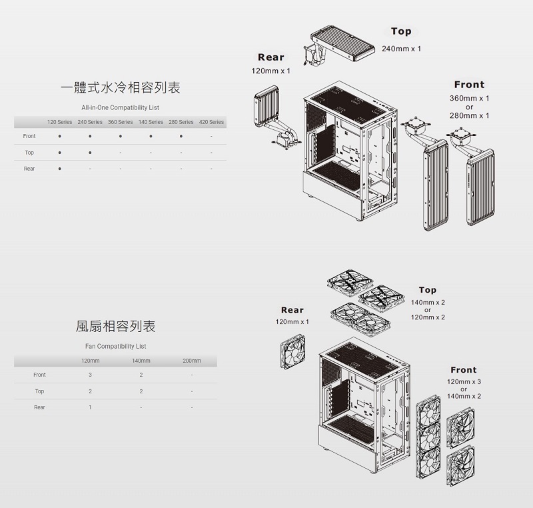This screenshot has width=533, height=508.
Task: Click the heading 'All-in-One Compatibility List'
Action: click(x=120, y=107)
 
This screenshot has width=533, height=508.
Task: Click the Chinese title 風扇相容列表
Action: click(x=115, y=327)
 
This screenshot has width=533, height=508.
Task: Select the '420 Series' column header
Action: click(x=211, y=122)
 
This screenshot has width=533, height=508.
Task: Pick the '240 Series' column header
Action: click(x=90, y=122)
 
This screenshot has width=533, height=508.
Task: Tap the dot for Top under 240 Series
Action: click(x=90, y=153)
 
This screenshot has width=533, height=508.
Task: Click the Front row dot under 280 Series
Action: click(x=181, y=136)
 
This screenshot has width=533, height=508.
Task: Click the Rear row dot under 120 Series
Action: click(x=60, y=169)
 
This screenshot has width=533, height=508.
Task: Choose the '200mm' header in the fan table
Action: click(x=192, y=361)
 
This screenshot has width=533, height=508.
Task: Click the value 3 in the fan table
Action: click(x=90, y=375)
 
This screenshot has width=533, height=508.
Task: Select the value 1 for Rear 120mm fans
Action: click(x=90, y=407)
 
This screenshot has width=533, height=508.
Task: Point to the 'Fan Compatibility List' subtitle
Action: click(x=116, y=347)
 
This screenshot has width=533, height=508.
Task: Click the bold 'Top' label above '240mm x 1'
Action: click(x=401, y=31)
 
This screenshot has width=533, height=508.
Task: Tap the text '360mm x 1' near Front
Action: click(x=470, y=98)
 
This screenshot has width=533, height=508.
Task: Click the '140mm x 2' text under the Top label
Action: click(x=428, y=303)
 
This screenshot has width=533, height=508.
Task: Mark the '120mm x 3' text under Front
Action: click(x=464, y=382)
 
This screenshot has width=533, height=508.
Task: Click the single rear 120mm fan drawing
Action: click(x=292, y=351)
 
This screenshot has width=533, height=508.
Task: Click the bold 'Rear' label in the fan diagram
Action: click(x=292, y=310)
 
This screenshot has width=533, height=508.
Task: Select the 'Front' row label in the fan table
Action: click(x=39, y=375)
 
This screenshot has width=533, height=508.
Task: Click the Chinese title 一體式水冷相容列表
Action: click(x=120, y=88)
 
